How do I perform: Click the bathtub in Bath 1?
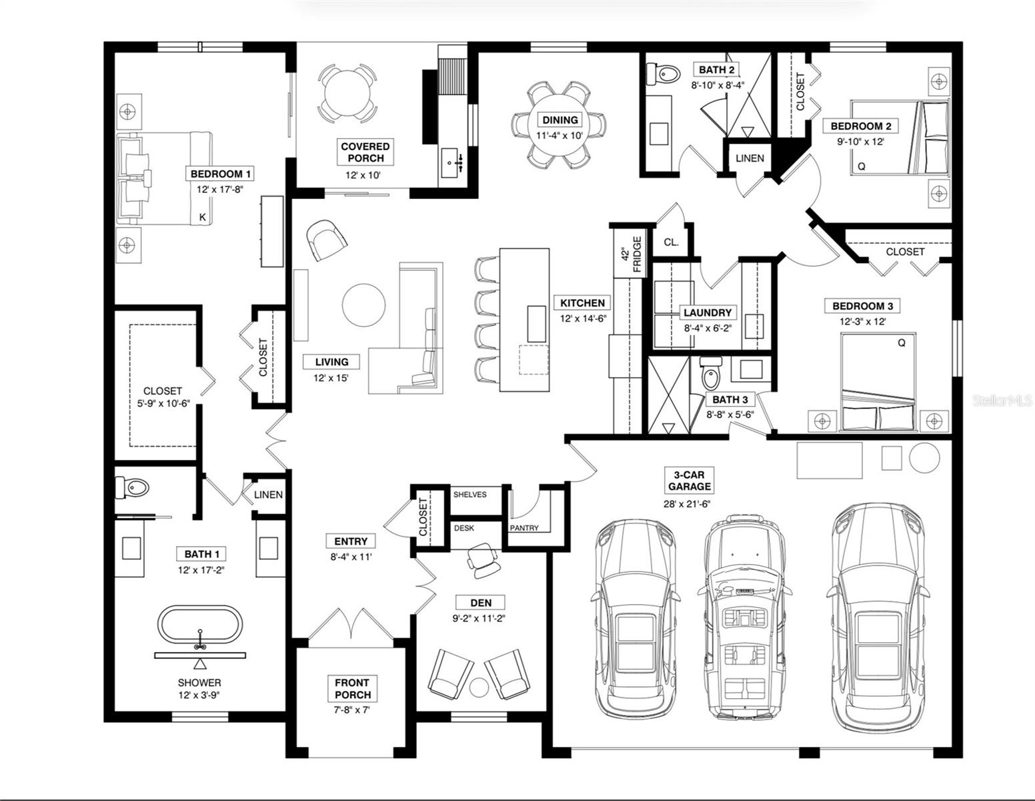pyautogui.click(x=199, y=625)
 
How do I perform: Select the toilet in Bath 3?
pyautogui.click(x=711, y=373)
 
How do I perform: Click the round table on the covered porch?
pyautogui.click(x=347, y=93)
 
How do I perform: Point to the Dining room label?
pyautogui.click(x=560, y=120)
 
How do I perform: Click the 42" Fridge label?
pyautogui.click(x=632, y=254)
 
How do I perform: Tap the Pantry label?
pyautogui.click(x=524, y=528)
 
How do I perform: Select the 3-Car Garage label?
pyautogui.click(x=689, y=481)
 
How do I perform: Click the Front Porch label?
pyautogui.click(x=353, y=689)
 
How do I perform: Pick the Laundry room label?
pyautogui.click(x=708, y=312)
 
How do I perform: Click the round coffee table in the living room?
pyautogui.click(x=363, y=306)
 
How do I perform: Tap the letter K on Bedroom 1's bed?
pyautogui.click(x=203, y=218)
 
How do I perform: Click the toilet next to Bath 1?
pyautogui.click(x=132, y=487)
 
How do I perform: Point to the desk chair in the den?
pyautogui.click(x=483, y=561)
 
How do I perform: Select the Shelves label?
pyautogui.click(x=469, y=495)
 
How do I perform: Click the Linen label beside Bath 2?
pyautogui.click(x=750, y=158)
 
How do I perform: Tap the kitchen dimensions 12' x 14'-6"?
pyautogui.click(x=582, y=318)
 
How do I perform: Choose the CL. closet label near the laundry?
pyautogui.click(x=671, y=242)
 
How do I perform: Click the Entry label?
pyautogui.click(x=351, y=541)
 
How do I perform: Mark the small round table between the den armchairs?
pyautogui.click(x=479, y=687)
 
